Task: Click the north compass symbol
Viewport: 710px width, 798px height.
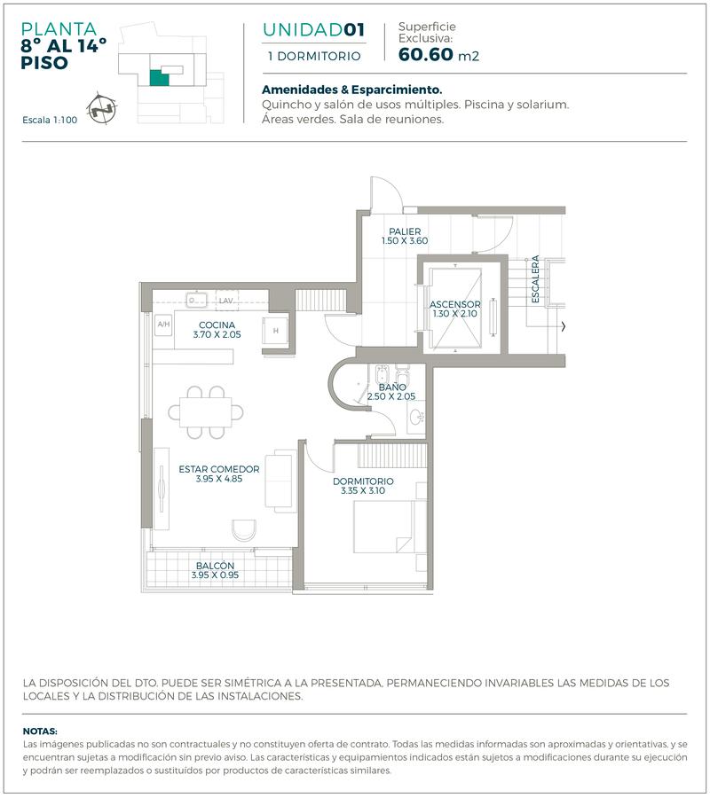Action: click(101, 109)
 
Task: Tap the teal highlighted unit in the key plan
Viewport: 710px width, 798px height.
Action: click(159, 77)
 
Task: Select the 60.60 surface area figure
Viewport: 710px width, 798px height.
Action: click(426, 54)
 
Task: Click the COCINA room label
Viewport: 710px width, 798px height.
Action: click(217, 325)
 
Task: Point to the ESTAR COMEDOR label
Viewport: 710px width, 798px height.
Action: click(219, 469)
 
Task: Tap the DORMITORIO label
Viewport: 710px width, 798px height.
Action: click(363, 481)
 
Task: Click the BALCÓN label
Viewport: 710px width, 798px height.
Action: click(215, 566)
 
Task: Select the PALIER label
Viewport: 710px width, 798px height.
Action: click(405, 231)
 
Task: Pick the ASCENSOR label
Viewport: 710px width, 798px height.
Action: click(454, 304)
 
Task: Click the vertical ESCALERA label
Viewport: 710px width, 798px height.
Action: click(535, 279)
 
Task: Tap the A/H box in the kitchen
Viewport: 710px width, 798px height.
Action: click(163, 325)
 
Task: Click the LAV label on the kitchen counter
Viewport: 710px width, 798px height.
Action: click(225, 301)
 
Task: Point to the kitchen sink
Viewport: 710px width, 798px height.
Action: click(196, 300)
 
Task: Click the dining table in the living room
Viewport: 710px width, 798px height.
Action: click(206, 412)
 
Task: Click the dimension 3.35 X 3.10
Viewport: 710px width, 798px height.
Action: click(363, 490)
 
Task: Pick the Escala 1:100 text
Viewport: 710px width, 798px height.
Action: click(50, 120)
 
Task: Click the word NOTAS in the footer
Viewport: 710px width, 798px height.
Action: click(40, 731)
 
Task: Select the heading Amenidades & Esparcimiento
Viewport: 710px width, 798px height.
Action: click(352, 90)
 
